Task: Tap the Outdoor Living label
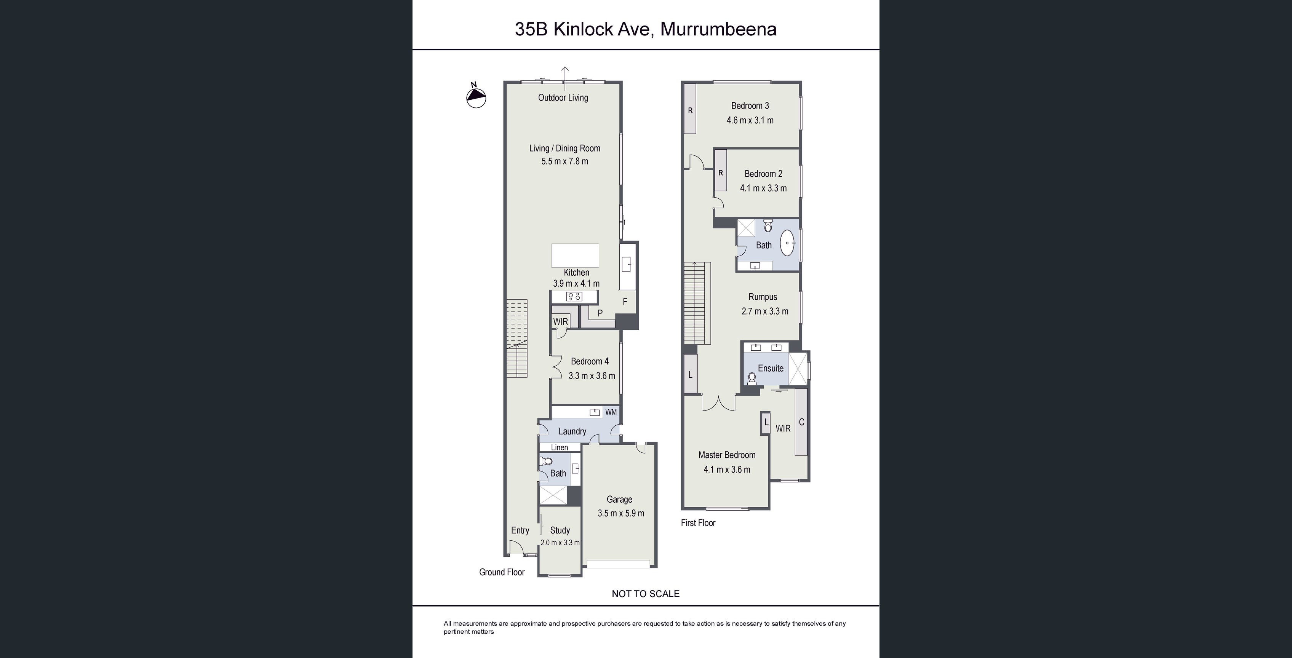[x=563, y=98]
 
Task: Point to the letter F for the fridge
[x=625, y=302]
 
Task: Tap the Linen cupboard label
[x=559, y=447]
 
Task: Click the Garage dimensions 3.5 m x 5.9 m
[x=620, y=513]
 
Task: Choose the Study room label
[x=560, y=530]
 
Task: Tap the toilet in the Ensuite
[x=752, y=379]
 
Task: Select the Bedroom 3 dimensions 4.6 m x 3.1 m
[x=750, y=120]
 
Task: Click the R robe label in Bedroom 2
[x=721, y=173]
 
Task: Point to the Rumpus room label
[x=762, y=297]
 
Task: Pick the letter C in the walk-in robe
[x=801, y=422]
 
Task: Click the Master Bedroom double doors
[x=719, y=403]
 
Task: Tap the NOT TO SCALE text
[x=646, y=594]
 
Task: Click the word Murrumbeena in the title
[x=718, y=29]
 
